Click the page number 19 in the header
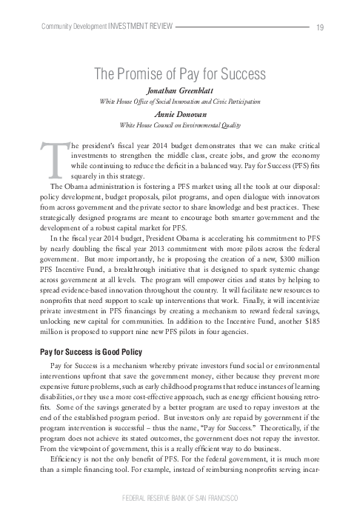(319, 27)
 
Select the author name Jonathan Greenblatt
(180, 90)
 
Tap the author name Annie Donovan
(180, 115)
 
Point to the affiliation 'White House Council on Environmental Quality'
(180, 125)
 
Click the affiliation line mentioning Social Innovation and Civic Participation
(180, 101)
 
